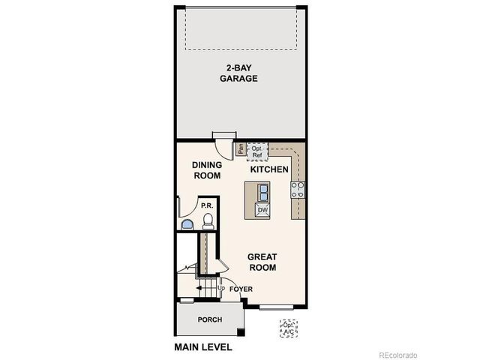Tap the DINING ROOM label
[x=206, y=170]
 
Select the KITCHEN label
[x=269, y=170]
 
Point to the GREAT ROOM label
[x=262, y=262]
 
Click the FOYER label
[x=241, y=289]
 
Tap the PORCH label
[x=209, y=319]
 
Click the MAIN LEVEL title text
[x=203, y=347]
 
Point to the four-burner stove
[x=298, y=190]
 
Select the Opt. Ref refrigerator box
[x=256, y=151]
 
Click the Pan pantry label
[x=241, y=149]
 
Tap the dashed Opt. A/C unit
[x=288, y=328]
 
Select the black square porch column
[x=240, y=332]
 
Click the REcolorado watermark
[x=397, y=354]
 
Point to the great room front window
[x=280, y=306]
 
